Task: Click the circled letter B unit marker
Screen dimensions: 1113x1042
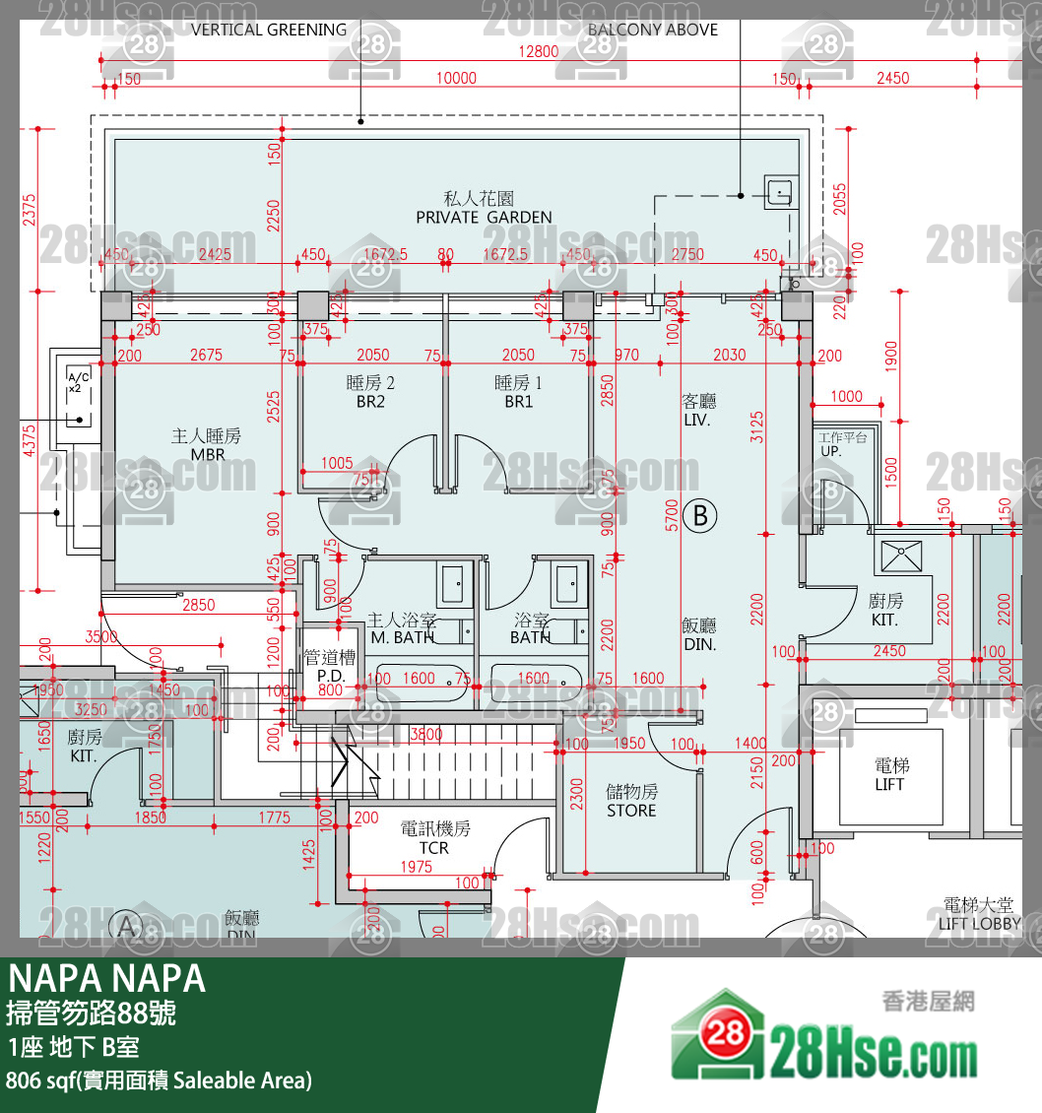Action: pyautogui.click(x=700, y=515)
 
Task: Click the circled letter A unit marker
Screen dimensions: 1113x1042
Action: pyautogui.click(x=125, y=926)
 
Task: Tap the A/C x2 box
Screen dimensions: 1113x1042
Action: pyautogui.click(x=77, y=383)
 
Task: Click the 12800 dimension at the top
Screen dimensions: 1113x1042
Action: pyautogui.click(x=540, y=52)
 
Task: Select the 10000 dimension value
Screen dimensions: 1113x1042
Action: pyautogui.click(x=456, y=79)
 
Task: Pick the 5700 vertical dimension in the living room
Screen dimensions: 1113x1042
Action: pyautogui.click(x=671, y=514)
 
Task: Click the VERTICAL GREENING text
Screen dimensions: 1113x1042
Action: pyautogui.click(x=269, y=30)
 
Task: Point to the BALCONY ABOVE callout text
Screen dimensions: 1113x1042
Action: pyautogui.click(x=652, y=30)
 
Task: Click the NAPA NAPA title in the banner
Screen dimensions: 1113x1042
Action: pyautogui.click(x=107, y=979)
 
